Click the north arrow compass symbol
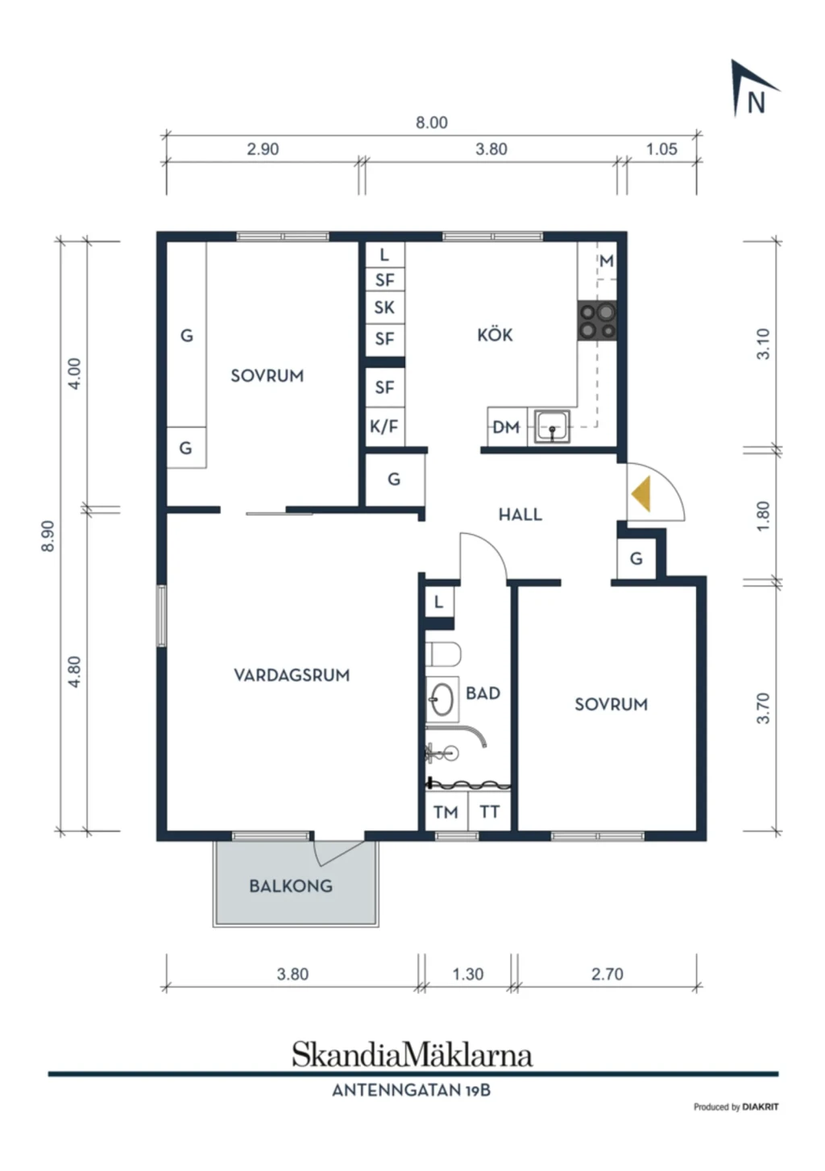[x=752, y=89]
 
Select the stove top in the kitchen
[x=597, y=321]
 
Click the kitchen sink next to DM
[x=552, y=427]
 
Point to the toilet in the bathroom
[x=442, y=654]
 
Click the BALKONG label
[x=291, y=886]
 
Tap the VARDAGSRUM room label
[x=292, y=675]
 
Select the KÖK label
[x=495, y=333]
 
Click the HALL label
[x=520, y=515]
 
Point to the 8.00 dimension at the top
[x=431, y=122]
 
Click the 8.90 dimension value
[x=48, y=536]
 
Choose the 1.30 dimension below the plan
[x=468, y=974]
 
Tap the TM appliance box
[x=446, y=811]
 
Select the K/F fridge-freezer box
[x=384, y=427]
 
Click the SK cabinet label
[x=384, y=308]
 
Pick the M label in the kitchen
[x=607, y=260]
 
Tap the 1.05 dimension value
[x=662, y=149]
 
